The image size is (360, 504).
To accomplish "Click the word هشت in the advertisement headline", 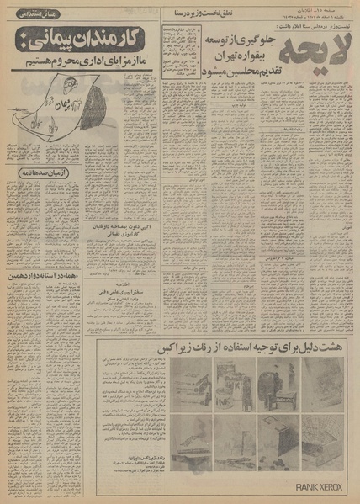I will (333, 347).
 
